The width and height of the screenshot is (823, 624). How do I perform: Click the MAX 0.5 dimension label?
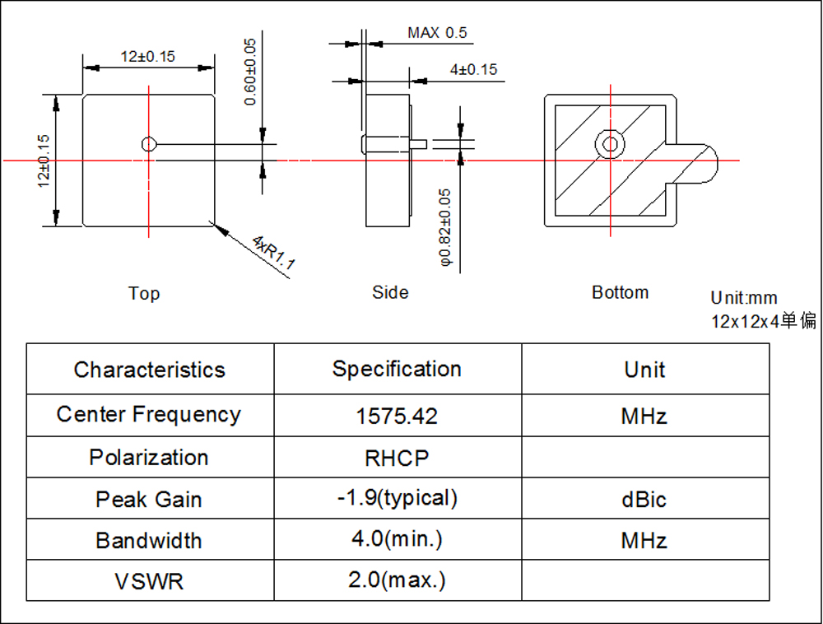coord(436,33)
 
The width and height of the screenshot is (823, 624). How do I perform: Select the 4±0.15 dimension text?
coord(473,70)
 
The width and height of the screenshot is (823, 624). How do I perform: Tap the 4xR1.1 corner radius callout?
coord(273,254)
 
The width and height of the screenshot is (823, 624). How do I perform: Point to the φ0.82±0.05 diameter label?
coord(445,226)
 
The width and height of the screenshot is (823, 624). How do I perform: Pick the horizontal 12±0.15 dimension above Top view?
coord(148,57)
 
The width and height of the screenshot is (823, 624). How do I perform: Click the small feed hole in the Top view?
coord(148,144)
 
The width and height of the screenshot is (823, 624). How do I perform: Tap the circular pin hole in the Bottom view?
coord(610,144)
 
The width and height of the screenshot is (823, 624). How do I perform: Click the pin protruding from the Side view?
coord(418,144)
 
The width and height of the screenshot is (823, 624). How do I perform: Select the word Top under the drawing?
coord(144,293)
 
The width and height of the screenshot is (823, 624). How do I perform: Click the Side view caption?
coord(389,292)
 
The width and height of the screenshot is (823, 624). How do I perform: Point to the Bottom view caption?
coord(620,292)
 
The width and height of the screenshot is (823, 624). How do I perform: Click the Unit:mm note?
coord(744,298)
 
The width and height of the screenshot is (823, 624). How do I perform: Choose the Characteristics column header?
coord(149,370)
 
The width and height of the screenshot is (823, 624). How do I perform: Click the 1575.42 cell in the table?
coord(397,416)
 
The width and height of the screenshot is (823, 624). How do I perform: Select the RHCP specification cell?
coord(397,458)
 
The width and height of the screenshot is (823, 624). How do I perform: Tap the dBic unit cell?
coord(644,500)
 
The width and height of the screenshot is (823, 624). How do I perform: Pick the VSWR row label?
coord(149,582)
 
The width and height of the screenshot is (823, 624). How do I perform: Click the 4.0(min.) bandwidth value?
coord(397,540)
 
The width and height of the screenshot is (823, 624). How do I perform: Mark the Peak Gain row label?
coord(149,500)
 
